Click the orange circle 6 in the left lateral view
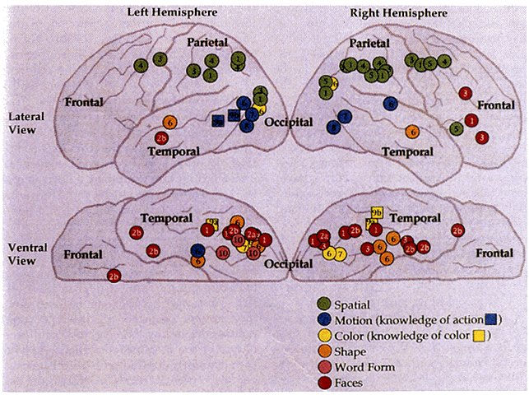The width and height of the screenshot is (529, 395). coord(170,123)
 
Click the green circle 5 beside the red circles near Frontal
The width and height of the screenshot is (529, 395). coord(457,128)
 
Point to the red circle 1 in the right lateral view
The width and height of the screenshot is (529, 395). coord(471,120)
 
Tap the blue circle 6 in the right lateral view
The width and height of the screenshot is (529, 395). coord(390,103)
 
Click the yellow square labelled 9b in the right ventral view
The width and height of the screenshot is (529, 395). coord(378,212)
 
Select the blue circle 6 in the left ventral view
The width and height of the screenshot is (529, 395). coord(197,249)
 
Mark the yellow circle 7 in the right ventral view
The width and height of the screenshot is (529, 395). coord(339,253)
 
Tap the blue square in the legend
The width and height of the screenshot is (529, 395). coord(491,319)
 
